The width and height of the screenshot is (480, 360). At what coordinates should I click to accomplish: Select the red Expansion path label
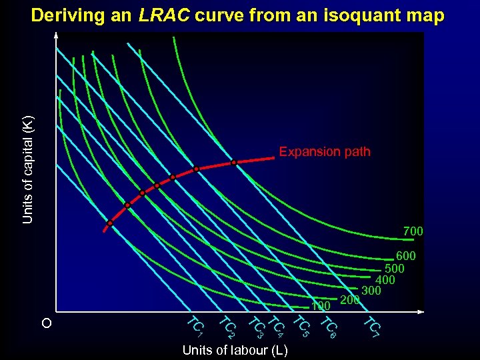point(324,152)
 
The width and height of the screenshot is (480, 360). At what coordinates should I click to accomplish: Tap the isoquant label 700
point(413,231)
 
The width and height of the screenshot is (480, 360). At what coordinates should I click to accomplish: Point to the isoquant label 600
point(406,256)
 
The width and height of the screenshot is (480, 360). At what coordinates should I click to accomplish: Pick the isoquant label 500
point(395,268)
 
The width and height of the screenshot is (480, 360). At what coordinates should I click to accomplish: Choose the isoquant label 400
point(385,280)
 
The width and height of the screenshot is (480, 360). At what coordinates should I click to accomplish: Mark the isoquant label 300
point(371,291)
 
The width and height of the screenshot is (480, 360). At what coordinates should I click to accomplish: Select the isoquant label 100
point(321,306)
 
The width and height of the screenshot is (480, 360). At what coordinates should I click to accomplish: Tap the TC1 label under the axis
point(194,325)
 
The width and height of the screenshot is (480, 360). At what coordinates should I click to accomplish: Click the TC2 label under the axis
point(227,327)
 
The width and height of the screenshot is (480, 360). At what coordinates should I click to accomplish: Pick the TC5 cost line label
point(301,327)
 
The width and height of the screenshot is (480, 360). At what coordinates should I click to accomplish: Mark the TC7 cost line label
point(371,327)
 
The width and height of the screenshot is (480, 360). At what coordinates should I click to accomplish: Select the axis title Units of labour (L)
point(235,351)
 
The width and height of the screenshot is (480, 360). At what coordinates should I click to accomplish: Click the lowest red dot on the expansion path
point(110,223)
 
